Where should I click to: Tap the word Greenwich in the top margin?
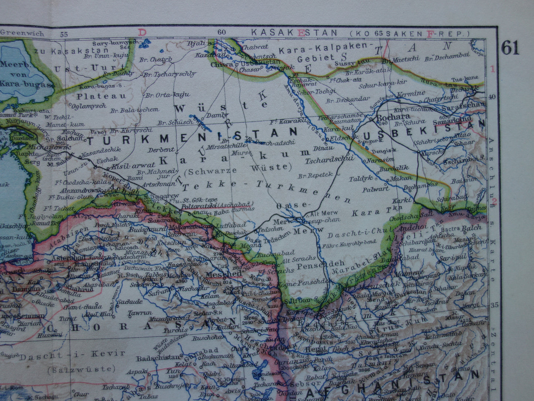point(22,33)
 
